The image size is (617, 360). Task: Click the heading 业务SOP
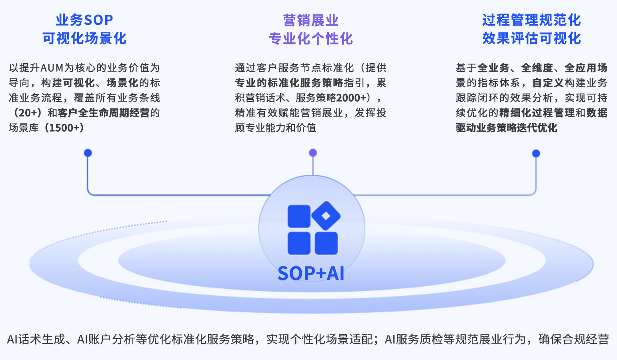pyautogui.click(x=84, y=20)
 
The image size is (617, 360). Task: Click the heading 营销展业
pyautogui.click(x=311, y=20)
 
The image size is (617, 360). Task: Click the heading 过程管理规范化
pyautogui.click(x=531, y=20)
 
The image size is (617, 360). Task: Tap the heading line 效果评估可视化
pyautogui.click(x=531, y=38)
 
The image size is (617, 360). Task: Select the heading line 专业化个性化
pyautogui.click(x=311, y=38)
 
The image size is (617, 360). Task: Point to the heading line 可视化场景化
pyautogui.click(x=84, y=38)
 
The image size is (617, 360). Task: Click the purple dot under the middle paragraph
pyautogui.click(x=313, y=153)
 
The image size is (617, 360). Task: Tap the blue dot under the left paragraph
pyautogui.click(x=88, y=153)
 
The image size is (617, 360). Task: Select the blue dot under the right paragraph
pyautogui.click(x=536, y=154)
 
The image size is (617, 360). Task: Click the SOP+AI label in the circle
pyautogui.click(x=311, y=274)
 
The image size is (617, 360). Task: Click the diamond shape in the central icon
pyautogui.click(x=326, y=216)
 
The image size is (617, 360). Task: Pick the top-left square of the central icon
pyautogui.click(x=299, y=216)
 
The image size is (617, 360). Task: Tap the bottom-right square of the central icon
pyautogui.click(x=326, y=243)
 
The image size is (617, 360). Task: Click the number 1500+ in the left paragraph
pyautogui.click(x=66, y=128)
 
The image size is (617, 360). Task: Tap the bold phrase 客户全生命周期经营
pyautogui.click(x=103, y=113)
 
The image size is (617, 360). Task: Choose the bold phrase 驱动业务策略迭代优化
pyautogui.click(x=506, y=128)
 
